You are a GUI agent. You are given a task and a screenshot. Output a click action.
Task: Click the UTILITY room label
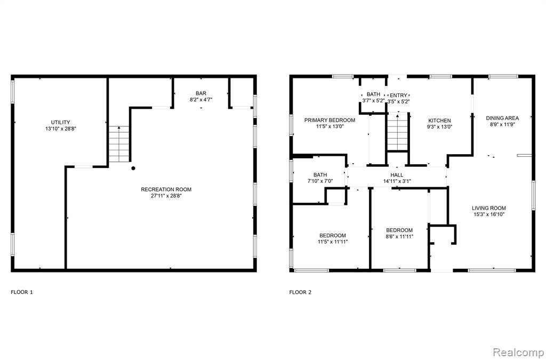pyautogui.click(x=61, y=122)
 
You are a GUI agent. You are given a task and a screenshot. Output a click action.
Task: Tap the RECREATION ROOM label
pyautogui.click(x=166, y=189)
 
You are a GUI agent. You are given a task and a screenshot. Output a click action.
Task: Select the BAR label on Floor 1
pyautogui.click(x=201, y=93)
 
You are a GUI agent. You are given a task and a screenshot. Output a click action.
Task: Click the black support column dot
pyautogui.click(x=133, y=168)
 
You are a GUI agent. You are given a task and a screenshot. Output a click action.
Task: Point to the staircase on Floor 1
pyautogui.click(x=119, y=144)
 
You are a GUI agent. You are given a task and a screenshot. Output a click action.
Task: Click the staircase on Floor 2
pyautogui.click(x=397, y=132)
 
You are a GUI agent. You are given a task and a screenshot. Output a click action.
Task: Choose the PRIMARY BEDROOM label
pyautogui.click(x=330, y=120)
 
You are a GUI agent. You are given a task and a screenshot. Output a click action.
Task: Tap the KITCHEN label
pyautogui.click(x=439, y=121)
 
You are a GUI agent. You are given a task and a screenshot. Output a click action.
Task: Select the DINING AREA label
pyautogui.click(x=502, y=118)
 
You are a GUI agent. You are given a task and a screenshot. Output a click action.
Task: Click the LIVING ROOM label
pyautogui.click(x=489, y=208)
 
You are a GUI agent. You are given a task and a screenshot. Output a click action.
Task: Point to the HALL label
pyautogui.click(x=397, y=175)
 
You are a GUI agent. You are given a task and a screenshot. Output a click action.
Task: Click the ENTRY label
pyautogui.click(x=398, y=95)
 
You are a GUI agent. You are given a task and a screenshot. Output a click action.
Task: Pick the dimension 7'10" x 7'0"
pyautogui.click(x=320, y=181)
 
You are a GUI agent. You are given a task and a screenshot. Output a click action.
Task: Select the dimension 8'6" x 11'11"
pyautogui.click(x=399, y=237)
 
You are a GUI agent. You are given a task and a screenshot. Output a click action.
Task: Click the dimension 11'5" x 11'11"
pyautogui.click(x=333, y=242)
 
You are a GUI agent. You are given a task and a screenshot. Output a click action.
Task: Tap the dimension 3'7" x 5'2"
pyautogui.click(x=373, y=101)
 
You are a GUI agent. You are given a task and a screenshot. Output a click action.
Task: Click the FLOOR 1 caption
pyautogui.click(x=21, y=292)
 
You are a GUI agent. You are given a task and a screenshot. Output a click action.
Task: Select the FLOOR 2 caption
pyautogui.click(x=300, y=292)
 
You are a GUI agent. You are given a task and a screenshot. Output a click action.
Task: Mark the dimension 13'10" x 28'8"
pyautogui.click(x=61, y=129)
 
